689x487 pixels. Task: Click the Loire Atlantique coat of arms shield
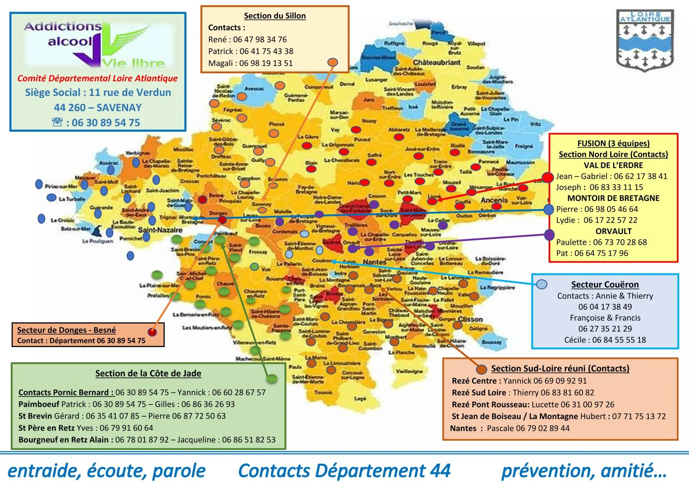tap(645, 40)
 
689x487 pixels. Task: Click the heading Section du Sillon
tap(275, 16)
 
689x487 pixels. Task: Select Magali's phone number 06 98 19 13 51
tap(266, 63)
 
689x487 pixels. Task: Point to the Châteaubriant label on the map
tap(436, 62)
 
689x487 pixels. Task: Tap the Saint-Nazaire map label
tap(160, 230)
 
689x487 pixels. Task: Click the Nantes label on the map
tap(374, 262)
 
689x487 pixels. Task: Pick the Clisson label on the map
tap(470, 319)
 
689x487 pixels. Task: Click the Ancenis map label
tap(494, 200)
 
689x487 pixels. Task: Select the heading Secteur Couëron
tap(605, 285)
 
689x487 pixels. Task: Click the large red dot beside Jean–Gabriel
tap(548, 177)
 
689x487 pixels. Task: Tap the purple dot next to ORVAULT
tap(549, 235)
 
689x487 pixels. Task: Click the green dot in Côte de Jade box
tap(272, 379)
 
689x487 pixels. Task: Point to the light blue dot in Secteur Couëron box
tap(542, 285)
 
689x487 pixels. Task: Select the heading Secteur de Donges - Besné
tap(66, 330)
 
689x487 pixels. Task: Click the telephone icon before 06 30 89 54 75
tap(57, 122)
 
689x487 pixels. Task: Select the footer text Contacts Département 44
tap(344, 470)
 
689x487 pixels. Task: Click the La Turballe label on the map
tap(72, 199)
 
